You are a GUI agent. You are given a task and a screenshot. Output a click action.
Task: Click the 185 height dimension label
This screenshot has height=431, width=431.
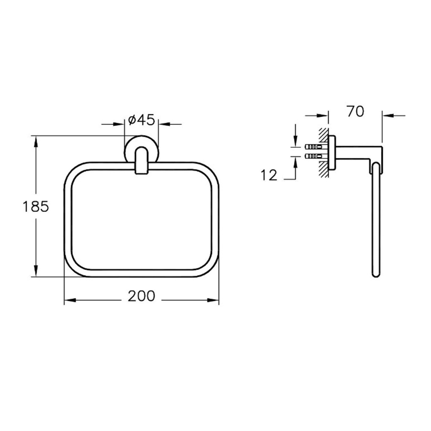36,207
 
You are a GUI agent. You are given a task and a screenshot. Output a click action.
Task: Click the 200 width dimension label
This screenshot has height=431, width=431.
141,296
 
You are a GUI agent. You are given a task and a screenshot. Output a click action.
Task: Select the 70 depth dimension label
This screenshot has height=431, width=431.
355,111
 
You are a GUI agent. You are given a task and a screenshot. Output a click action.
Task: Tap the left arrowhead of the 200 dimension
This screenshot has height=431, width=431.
70,300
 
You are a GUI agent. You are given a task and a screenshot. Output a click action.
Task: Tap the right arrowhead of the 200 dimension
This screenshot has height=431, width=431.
213,300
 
